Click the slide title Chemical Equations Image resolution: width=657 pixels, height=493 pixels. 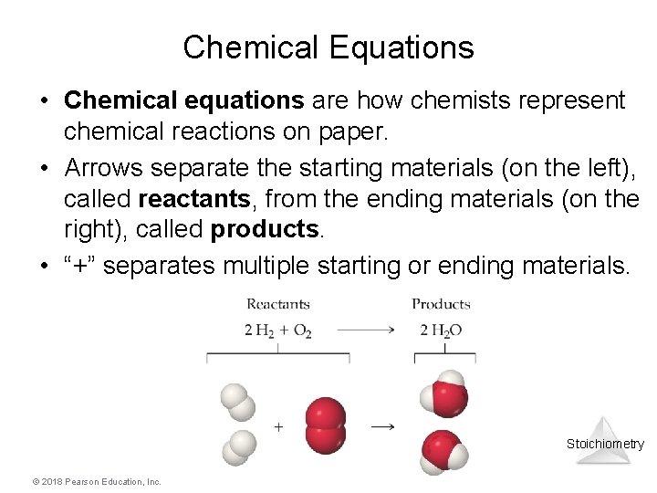[x=328, y=47]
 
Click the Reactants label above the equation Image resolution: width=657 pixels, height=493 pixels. [x=277, y=304]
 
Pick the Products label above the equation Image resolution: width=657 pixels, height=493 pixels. [x=441, y=304]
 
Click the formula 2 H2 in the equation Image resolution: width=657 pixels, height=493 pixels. [x=261, y=330]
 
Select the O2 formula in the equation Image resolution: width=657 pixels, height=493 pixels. [x=302, y=330]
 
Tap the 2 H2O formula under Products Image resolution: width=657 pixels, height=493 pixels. [x=441, y=330]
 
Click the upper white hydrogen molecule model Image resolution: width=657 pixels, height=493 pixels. [x=236, y=400]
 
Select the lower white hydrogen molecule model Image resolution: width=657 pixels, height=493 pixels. [x=241, y=445]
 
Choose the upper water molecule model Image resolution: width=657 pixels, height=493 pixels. [x=444, y=394]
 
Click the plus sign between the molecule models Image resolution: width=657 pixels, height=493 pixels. [x=278, y=425]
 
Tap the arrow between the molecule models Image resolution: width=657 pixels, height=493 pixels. [x=383, y=425]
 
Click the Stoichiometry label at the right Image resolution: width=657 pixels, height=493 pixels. [x=605, y=445]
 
